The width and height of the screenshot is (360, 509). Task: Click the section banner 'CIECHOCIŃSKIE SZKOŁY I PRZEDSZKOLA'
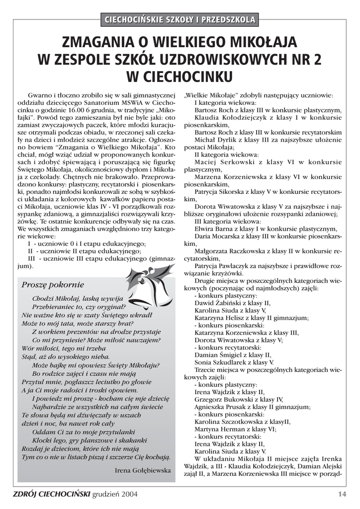[x=180, y=20]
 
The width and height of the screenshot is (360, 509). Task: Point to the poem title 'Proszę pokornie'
[x=53, y=285]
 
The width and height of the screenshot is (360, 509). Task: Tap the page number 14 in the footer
[x=342, y=494]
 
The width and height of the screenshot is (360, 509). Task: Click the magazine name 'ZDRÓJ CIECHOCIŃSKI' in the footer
[x=52, y=494]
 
